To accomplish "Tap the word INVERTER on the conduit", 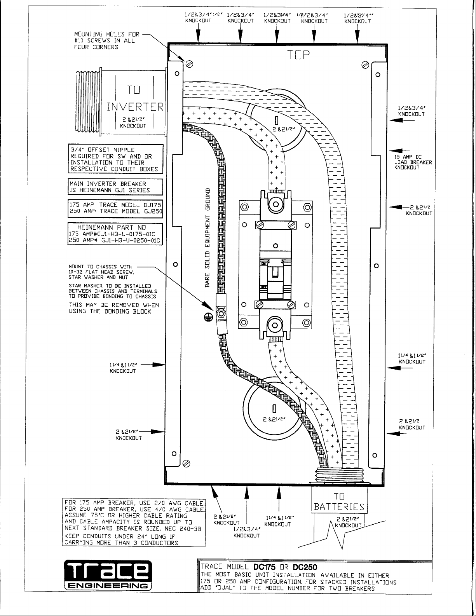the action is click(x=136, y=106).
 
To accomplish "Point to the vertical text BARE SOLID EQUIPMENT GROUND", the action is click(x=207, y=237).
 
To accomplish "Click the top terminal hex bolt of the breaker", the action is click(x=275, y=202).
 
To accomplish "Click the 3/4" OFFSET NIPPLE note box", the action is click(x=115, y=159).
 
